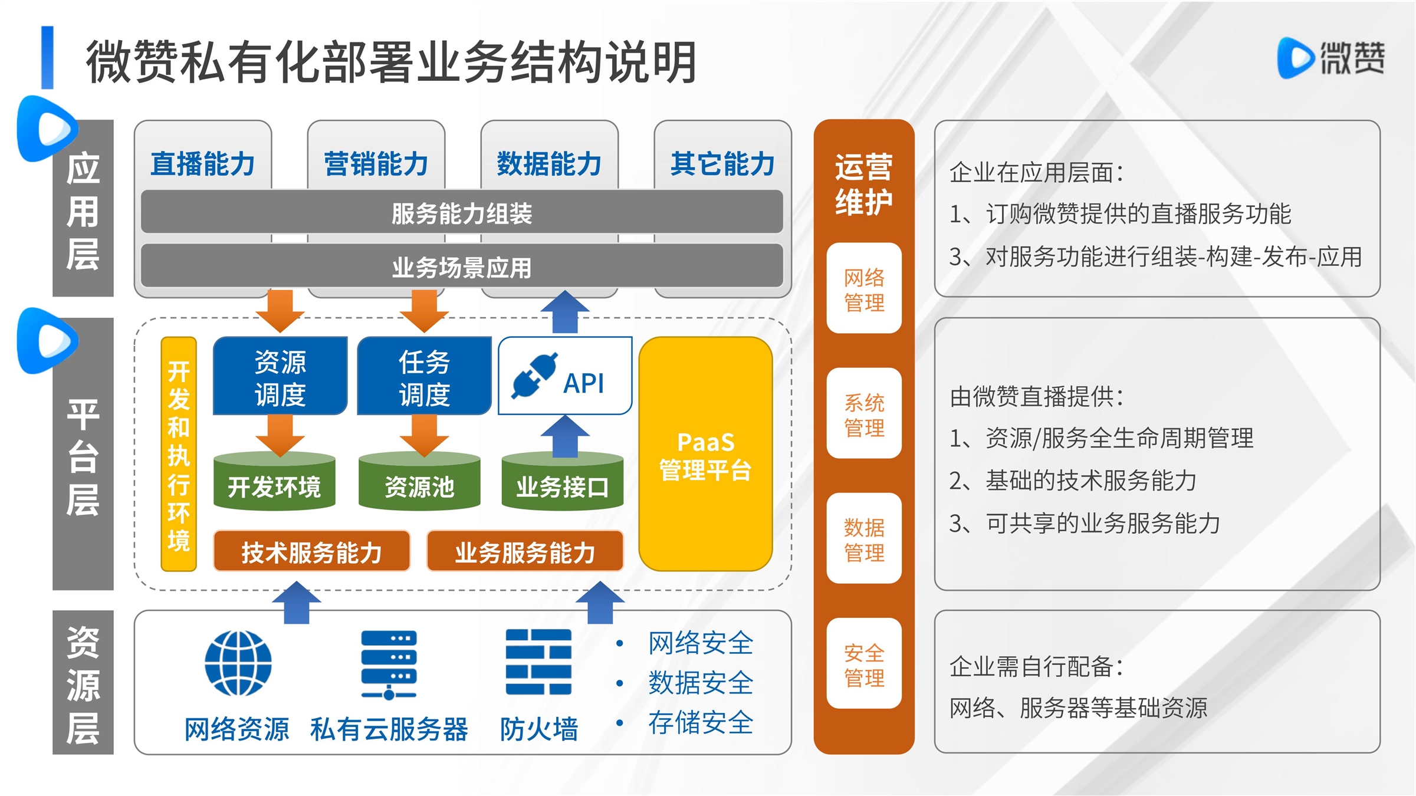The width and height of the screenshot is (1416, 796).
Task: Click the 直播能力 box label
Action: (202, 163)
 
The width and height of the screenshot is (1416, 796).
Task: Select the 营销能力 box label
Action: (376, 163)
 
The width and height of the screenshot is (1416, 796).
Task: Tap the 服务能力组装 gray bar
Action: (461, 213)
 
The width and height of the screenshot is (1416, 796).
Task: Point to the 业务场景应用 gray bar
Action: (461, 267)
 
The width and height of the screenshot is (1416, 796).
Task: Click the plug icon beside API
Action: (534, 376)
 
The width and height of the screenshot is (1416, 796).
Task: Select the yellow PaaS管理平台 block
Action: (705, 454)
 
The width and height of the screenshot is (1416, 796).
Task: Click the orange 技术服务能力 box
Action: (311, 552)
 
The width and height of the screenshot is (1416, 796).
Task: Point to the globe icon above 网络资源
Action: (238, 663)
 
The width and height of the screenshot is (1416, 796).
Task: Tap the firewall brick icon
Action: (538, 662)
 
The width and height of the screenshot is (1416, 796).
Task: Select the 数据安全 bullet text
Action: (701, 683)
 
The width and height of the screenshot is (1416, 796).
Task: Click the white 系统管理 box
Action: (864, 414)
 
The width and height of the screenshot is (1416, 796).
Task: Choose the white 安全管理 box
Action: (864, 664)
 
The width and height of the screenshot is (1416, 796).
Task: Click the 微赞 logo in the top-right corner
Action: (1331, 58)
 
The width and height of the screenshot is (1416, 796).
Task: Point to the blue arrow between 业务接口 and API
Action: (565, 436)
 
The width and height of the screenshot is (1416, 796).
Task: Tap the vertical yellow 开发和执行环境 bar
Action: (179, 454)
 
